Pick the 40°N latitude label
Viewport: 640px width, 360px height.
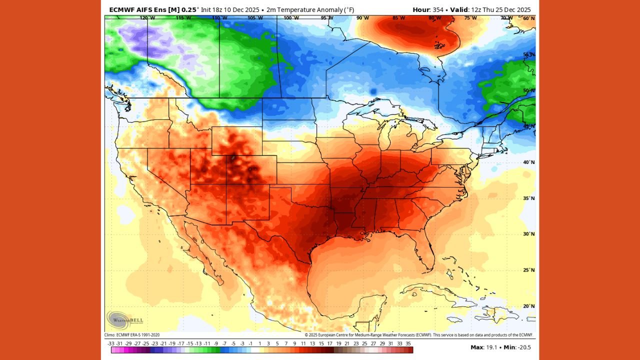point(529,162)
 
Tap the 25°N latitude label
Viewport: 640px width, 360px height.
point(529,270)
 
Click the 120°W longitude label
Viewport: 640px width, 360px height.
point(147,18)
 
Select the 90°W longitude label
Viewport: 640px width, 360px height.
point(362,18)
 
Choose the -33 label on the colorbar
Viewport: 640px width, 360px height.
point(111,343)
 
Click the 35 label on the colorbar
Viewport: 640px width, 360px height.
point(408,343)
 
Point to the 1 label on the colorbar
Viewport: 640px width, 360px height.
point(259,343)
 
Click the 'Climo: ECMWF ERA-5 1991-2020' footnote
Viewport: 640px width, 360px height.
point(132,335)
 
